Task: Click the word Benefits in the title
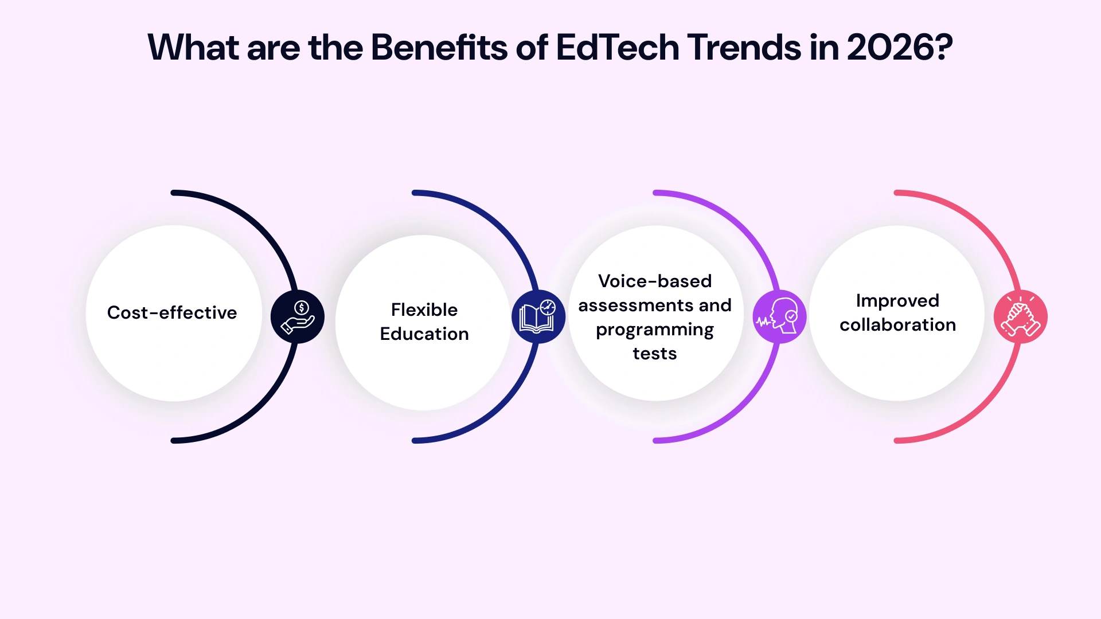click(439, 47)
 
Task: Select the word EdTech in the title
click(617, 47)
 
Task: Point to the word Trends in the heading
click(744, 47)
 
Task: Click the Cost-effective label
click(172, 313)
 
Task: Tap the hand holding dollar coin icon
click(298, 317)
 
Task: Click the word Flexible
click(424, 310)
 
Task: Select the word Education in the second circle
click(424, 334)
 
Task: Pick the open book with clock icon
click(538, 317)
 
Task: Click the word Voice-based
click(655, 281)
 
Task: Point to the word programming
click(655, 331)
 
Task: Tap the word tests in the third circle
click(655, 354)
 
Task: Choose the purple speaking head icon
click(779, 317)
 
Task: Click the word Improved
click(897, 301)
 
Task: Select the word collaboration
click(897, 325)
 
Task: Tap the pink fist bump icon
click(1020, 317)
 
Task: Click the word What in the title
click(193, 47)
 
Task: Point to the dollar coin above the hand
click(302, 308)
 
